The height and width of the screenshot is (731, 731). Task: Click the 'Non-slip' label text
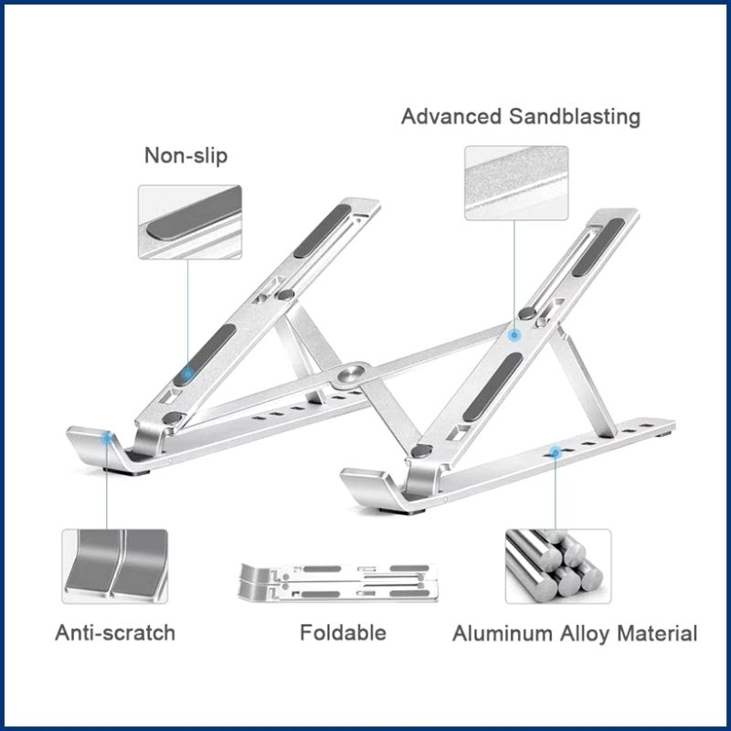coord(186,155)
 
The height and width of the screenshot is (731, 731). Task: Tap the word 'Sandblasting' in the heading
coord(575,117)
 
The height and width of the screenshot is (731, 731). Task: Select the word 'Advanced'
coord(450,117)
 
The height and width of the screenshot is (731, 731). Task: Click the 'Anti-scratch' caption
coord(115,632)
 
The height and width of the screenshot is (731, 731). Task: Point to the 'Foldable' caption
coord(344,632)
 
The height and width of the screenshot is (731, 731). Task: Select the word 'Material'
coord(657,633)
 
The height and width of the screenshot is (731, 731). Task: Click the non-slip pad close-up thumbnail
coord(190,222)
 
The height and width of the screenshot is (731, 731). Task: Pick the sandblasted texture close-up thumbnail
coord(516,183)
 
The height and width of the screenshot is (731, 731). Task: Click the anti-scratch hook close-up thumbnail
coord(115,567)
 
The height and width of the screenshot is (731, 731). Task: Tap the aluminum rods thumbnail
coord(558,567)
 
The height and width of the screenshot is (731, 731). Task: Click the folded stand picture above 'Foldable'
coord(338,582)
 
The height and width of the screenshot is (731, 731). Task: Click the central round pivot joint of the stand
coord(351,374)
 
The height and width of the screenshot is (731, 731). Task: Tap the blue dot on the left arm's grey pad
coord(188,374)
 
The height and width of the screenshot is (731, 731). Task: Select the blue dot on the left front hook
coord(108,438)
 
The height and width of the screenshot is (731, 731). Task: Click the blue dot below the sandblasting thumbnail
coord(514,334)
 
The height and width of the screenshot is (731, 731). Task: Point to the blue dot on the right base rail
coord(555,451)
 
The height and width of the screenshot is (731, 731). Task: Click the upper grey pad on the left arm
coord(323,231)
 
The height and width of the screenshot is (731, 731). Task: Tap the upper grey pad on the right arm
coord(599,247)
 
